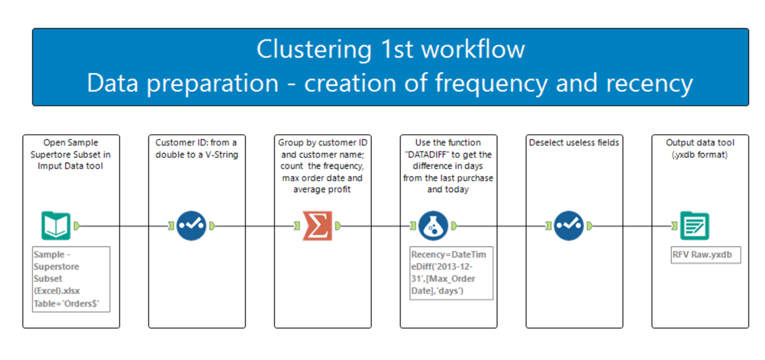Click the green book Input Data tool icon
pyautogui.click(x=56, y=225)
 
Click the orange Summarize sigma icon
pyautogui.click(x=317, y=225)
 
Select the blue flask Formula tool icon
pyautogui.click(x=433, y=225)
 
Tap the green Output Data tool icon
pyautogui.click(x=694, y=225)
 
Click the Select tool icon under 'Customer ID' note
pyautogui.click(x=191, y=225)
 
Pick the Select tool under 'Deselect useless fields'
pyautogui.click(x=568, y=225)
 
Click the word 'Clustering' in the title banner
pyautogui.click(x=314, y=50)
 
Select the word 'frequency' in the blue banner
pyautogui.click(x=491, y=83)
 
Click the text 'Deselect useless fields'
pyautogui.click(x=574, y=142)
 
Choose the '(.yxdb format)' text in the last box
pyautogui.click(x=699, y=154)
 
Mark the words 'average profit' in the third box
pyautogui.click(x=322, y=189)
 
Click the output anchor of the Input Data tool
pyautogui.click(x=76, y=225)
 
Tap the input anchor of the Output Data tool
pyautogui.click(x=674, y=225)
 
